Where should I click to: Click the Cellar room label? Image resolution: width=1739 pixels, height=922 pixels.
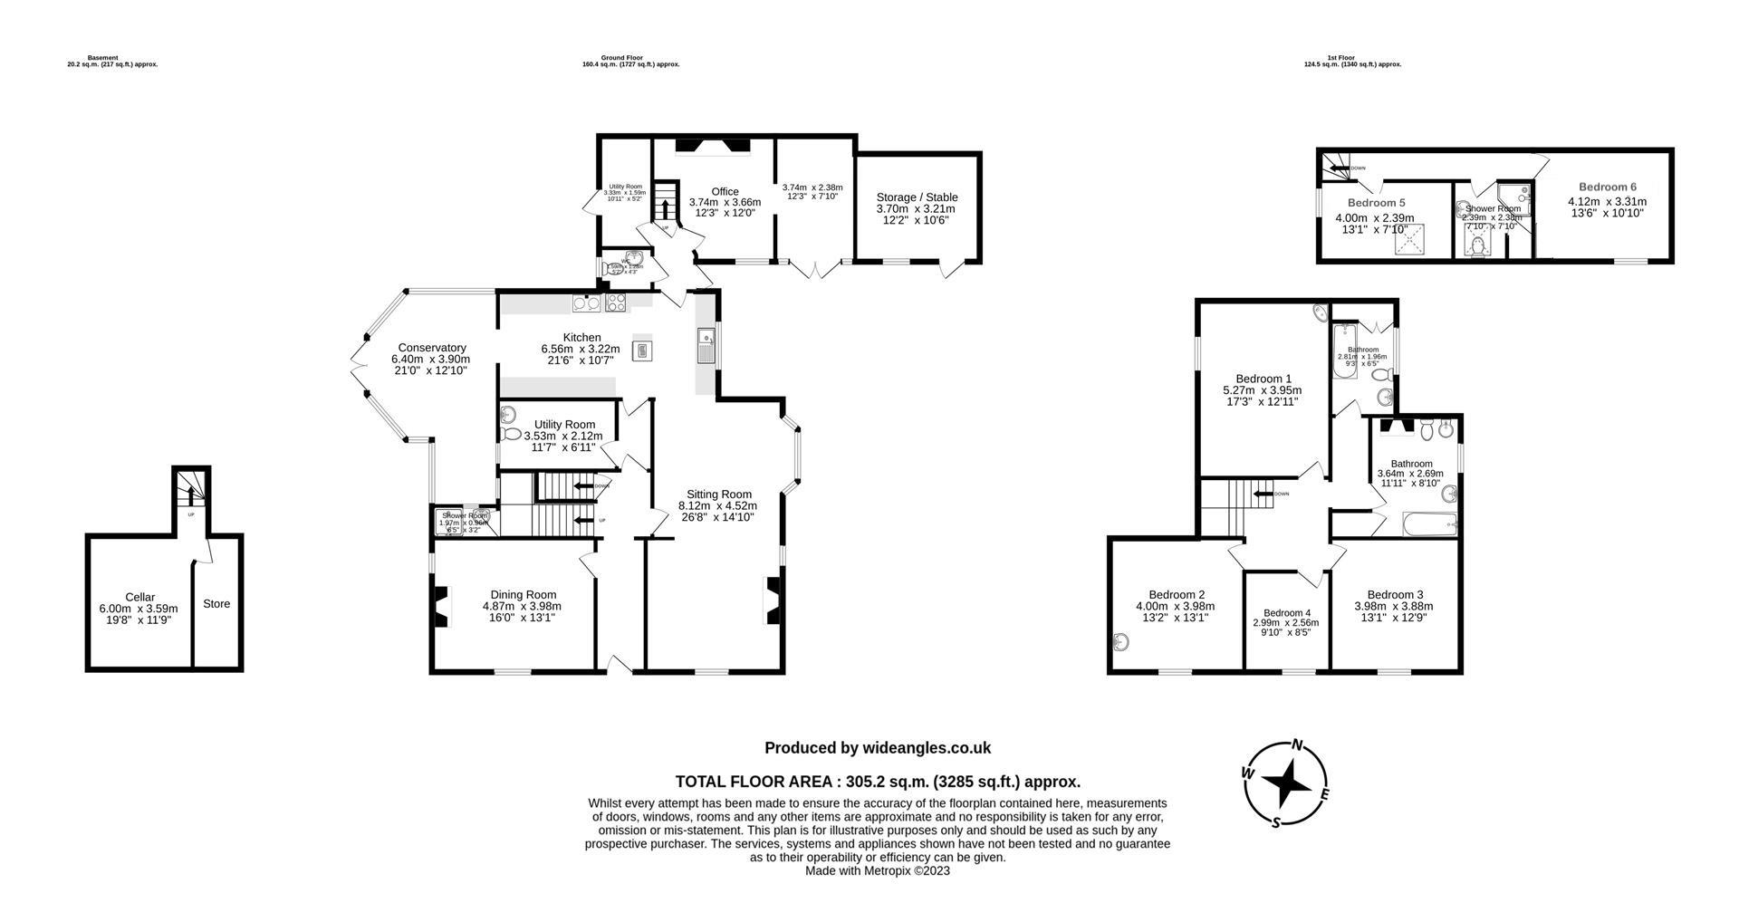(x=139, y=597)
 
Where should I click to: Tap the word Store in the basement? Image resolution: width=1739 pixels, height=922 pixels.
(x=216, y=604)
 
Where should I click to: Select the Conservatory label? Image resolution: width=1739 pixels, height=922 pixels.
(x=432, y=348)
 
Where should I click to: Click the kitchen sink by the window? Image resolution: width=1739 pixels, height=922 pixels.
(x=706, y=346)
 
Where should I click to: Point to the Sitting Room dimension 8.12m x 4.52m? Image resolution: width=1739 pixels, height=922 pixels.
(x=717, y=505)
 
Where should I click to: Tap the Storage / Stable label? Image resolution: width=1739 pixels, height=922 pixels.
(x=917, y=197)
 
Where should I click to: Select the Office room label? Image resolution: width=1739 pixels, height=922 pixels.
(x=725, y=191)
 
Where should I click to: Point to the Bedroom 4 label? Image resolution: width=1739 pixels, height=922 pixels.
(x=1287, y=613)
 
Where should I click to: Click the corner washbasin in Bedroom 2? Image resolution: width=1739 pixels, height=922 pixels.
(x=1121, y=643)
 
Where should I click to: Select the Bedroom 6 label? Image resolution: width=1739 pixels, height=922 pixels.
(x=1607, y=187)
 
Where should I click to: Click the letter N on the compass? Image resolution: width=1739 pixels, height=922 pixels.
(x=1297, y=745)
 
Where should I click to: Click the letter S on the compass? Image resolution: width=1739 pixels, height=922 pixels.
(x=1276, y=821)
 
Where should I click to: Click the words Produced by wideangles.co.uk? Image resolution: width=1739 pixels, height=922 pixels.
(x=877, y=748)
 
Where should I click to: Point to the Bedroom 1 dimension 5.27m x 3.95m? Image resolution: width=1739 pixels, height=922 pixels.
(x=1262, y=390)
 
